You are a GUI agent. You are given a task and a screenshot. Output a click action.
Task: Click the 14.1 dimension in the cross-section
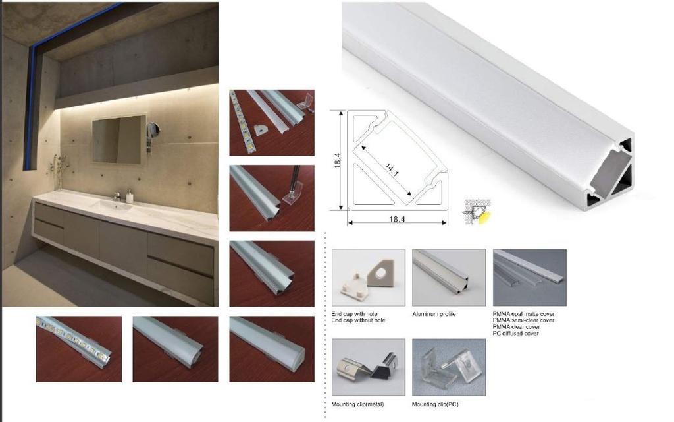392,169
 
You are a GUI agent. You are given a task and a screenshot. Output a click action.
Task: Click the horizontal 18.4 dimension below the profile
397,219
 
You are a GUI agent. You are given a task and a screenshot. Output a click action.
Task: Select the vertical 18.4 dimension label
338,160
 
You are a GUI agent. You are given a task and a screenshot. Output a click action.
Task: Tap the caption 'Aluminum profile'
434,314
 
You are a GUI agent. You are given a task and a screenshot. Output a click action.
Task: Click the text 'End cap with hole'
354,314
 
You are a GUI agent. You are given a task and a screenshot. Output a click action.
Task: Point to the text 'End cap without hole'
358,320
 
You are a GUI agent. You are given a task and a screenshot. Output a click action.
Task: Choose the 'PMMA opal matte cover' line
523,314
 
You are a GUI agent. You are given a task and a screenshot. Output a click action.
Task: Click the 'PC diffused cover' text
515,333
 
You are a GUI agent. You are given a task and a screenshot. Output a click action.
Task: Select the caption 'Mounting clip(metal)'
357,404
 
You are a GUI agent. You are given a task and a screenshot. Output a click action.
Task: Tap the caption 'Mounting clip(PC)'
435,404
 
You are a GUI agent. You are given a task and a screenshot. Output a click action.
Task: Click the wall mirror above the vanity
119,140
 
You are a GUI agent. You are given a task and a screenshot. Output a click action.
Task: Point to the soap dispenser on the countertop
130,196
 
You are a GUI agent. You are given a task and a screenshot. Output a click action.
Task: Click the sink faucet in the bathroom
117,196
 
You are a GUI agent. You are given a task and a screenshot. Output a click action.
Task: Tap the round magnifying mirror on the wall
153,129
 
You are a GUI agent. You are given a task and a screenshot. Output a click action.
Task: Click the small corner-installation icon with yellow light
477,211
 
